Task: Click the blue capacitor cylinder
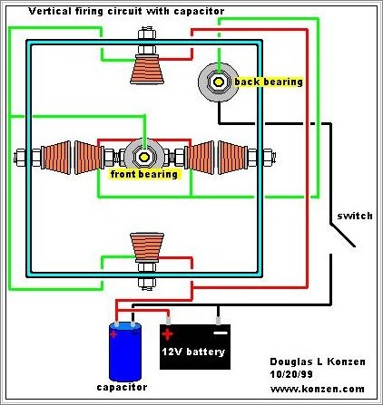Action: point(125,352)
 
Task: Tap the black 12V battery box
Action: point(195,347)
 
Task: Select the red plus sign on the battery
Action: point(167,334)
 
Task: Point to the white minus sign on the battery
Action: point(221,333)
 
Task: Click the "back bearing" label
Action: point(269,82)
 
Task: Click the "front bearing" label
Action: point(144,174)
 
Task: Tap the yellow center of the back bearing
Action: point(218,82)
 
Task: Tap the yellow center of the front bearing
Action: point(144,157)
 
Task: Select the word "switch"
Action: point(355,216)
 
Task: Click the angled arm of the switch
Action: point(342,236)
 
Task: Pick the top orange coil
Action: point(147,70)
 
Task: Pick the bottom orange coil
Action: point(147,247)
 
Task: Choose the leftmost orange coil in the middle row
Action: point(56,157)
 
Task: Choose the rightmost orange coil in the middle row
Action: point(233,157)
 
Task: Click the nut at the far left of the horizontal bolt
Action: point(20,157)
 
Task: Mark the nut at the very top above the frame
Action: point(147,34)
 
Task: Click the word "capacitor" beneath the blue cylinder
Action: point(122,387)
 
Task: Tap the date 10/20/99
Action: point(291,374)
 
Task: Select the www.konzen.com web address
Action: point(318,389)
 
